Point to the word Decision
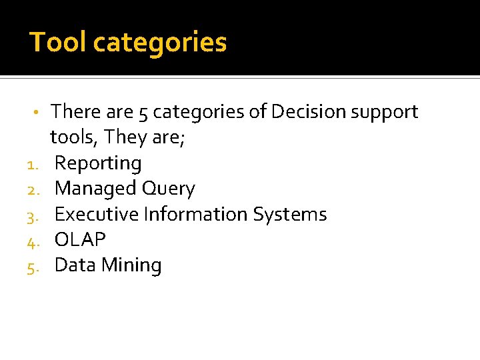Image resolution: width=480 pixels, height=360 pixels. [307, 111]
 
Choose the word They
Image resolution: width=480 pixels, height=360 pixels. [121, 137]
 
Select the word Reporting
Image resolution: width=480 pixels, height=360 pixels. [98, 164]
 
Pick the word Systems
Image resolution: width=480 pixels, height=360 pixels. [290, 215]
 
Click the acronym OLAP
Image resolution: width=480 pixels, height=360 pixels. [80, 239]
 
